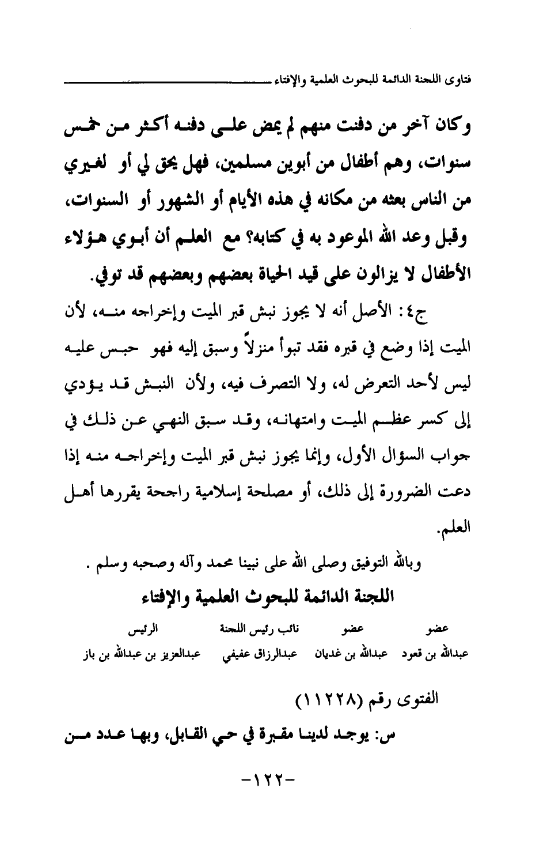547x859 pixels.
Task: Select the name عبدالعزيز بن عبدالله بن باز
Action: click(138, 655)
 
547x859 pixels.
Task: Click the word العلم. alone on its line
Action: click(455, 526)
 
